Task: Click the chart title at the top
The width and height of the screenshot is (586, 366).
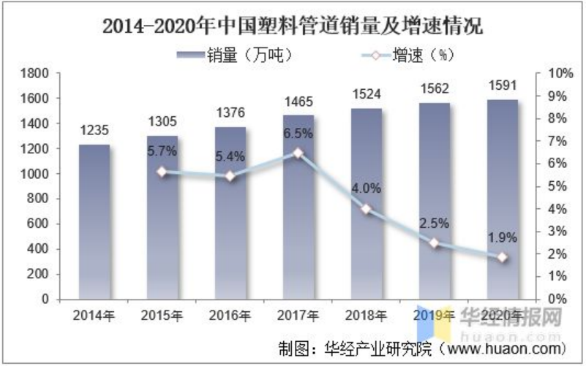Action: [x=293, y=27]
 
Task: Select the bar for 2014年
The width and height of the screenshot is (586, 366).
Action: [x=94, y=222]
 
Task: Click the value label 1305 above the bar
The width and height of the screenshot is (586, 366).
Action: [x=162, y=121]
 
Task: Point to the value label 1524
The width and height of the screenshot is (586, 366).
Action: [x=367, y=95]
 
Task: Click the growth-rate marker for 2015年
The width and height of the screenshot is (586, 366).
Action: [x=162, y=172]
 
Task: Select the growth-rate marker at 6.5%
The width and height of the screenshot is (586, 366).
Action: [x=298, y=153]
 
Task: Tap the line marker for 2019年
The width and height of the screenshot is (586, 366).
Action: [x=435, y=243]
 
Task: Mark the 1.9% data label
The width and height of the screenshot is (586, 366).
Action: [x=503, y=237]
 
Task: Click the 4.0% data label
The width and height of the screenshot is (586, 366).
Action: [x=367, y=188]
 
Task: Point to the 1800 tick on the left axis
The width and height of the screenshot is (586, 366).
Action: [x=36, y=74]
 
